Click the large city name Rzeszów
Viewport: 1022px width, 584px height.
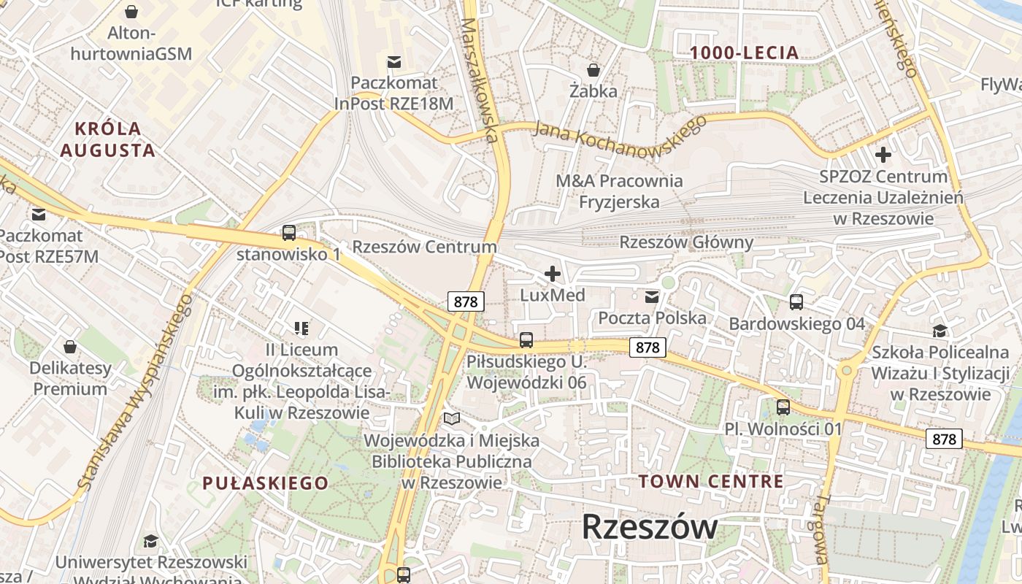[x=650, y=526]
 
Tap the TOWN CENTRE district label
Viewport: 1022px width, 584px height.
[x=711, y=481]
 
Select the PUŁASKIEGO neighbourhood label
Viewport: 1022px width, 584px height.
[x=265, y=483]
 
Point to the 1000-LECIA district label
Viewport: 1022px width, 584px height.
[x=745, y=53]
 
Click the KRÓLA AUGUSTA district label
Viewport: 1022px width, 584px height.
[x=107, y=139]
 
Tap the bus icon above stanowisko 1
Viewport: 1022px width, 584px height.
[x=289, y=233]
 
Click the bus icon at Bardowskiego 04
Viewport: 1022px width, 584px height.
[x=796, y=301]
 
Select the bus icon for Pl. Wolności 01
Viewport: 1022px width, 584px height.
[x=783, y=407]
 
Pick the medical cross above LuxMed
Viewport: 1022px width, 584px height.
[x=553, y=274]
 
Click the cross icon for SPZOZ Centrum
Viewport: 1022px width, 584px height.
[x=883, y=155]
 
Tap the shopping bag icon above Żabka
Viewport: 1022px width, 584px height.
[x=593, y=70]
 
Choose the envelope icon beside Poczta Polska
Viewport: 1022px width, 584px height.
[x=652, y=296]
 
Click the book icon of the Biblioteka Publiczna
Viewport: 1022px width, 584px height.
[x=452, y=419]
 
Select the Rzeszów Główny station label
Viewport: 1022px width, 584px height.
[x=686, y=242]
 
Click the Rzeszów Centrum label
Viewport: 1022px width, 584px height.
[x=424, y=247]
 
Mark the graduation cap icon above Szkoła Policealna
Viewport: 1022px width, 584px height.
[x=940, y=331]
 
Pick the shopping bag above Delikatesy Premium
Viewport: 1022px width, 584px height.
[x=70, y=346]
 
